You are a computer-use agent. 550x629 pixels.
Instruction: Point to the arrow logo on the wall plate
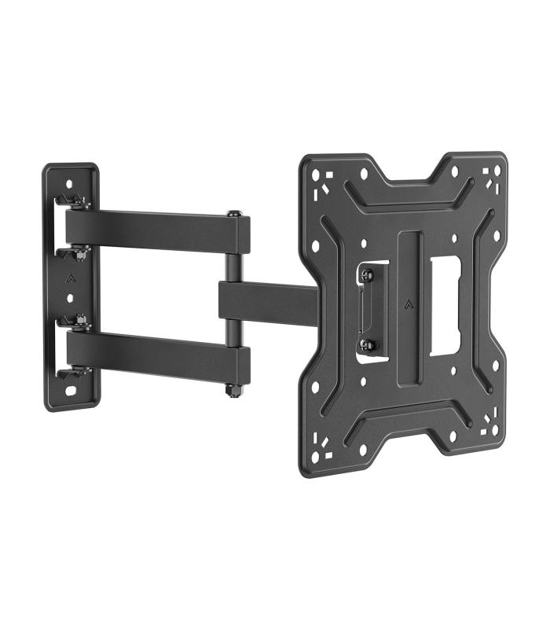[x=71, y=277]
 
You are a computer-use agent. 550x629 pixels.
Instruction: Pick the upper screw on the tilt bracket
[x=366, y=274]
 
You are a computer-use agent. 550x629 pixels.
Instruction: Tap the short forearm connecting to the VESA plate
[x=267, y=300]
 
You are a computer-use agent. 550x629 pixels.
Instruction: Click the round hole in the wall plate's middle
[x=71, y=300]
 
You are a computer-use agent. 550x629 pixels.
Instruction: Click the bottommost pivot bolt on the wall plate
[x=79, y=370]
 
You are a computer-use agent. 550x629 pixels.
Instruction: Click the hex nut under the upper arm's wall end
[x=79, y=253]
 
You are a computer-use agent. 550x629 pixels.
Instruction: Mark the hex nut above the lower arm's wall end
[x=79, y=321]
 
